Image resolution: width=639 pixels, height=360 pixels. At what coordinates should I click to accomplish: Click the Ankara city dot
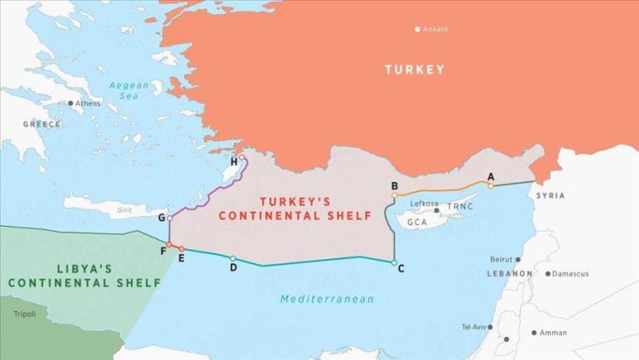418,30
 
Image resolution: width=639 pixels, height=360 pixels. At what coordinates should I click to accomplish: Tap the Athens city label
88,103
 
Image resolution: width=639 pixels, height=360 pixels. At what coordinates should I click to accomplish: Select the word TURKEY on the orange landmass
415,69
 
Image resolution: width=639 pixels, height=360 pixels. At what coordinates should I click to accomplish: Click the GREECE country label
42,124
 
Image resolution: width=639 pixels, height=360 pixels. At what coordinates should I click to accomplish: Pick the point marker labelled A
491,186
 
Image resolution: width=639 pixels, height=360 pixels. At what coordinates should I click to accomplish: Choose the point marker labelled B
395,195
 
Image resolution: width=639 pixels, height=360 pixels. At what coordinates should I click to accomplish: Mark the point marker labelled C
394,263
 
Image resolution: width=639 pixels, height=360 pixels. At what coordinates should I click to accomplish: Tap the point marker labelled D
232,258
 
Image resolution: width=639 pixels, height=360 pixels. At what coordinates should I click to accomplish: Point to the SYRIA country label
551,195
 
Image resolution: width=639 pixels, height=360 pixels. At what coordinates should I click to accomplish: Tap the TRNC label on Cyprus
460,208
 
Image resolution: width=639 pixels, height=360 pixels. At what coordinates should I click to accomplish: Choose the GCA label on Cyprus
417,224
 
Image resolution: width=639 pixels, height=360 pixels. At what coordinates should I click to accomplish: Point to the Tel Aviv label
475,327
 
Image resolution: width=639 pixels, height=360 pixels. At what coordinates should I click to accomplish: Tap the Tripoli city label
25,313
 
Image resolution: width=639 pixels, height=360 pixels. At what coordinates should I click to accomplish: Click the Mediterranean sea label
327,300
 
